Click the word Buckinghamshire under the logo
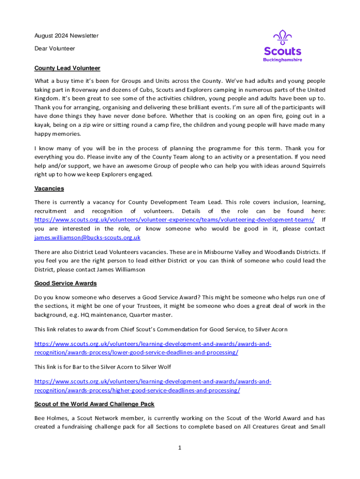(x=282, y=60)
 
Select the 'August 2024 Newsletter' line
(x=66, y=36)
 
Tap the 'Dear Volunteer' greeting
(x=55, y=48)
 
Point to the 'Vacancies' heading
(x=49, y=189)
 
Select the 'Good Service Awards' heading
(x=65, y=283)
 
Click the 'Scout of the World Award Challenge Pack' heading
(x=94, y=404)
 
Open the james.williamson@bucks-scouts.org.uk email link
(x=87, y=238)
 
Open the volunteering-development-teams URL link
(x=174, y=220)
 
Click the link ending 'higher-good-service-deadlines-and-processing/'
(x=137, y=390)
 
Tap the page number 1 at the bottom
(x=179, y=448)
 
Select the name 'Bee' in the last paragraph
(x=40, y=418)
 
